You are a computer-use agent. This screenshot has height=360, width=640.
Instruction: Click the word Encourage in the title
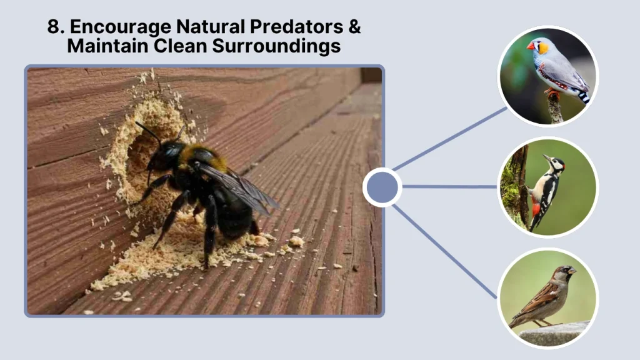pos(119,27)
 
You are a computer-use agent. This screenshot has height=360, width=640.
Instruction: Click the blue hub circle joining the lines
pos(382,187)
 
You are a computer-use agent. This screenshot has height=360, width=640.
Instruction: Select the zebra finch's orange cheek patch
pos(542,47)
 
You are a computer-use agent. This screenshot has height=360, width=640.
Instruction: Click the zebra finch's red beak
pos(531,46)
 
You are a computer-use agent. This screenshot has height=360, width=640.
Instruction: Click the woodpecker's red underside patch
pos(536,208)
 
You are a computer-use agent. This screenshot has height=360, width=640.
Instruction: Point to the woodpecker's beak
pos(547,157)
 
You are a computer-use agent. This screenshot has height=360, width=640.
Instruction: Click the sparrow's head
pos(564,272)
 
